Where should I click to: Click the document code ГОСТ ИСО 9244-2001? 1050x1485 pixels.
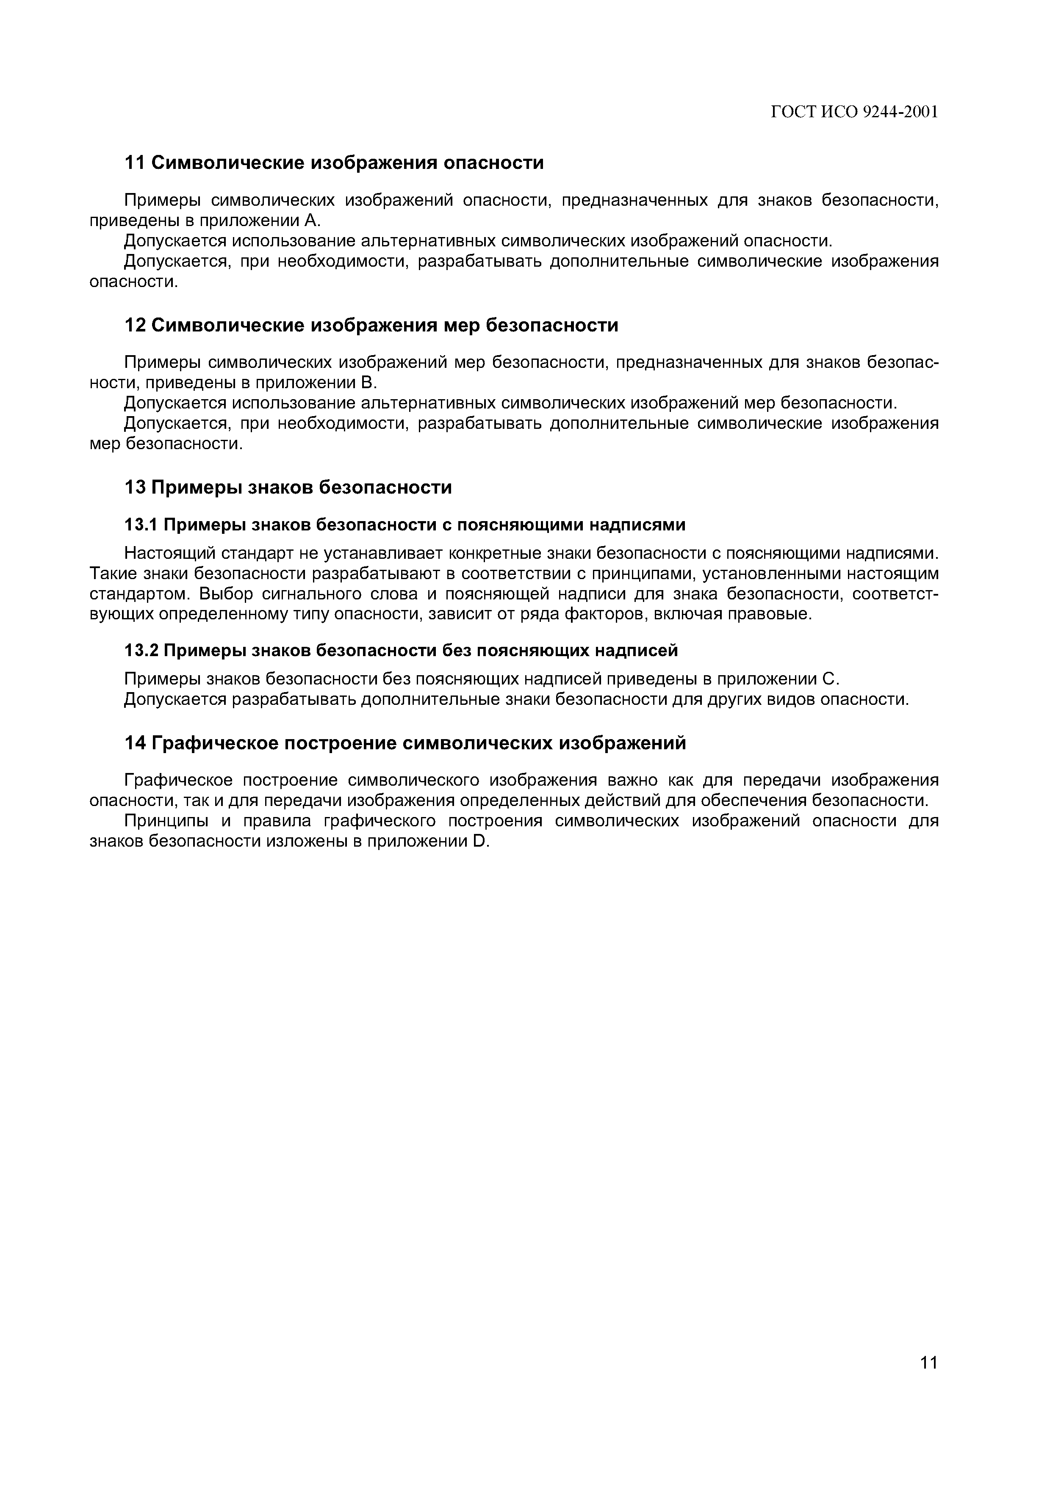pos(854,113)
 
